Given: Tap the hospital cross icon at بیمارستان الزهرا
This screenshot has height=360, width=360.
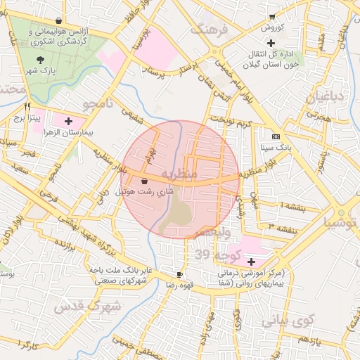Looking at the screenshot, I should coord(68,121).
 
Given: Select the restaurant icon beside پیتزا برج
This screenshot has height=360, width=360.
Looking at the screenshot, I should coord(27,106).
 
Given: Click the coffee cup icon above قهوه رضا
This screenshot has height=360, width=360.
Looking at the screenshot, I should coord(179,274).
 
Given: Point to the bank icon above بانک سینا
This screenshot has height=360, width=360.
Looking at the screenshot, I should coord(275,136).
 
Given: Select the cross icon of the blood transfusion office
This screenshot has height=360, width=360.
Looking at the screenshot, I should coord(271,43).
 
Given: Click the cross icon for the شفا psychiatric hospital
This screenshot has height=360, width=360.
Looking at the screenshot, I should coord(251,261).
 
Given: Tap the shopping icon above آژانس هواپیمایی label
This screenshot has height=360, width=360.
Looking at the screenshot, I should coord(58,20).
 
